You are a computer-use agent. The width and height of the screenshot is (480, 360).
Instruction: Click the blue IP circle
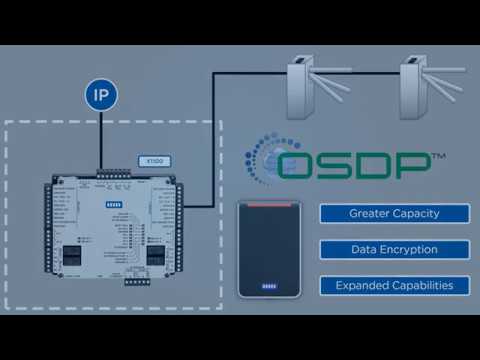click(x=101, y=97)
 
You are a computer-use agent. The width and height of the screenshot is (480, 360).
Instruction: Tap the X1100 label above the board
click(x=154, y=161)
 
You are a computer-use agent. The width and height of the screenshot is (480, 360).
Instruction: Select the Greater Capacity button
click(x=394, y=213)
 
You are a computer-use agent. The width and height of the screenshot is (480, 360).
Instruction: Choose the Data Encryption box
click(x=394, y=249)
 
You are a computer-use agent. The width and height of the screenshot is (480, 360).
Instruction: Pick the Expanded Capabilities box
click(x=394, y=285)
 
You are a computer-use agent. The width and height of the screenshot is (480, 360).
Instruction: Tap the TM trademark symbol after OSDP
click(x=439, y=157)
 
